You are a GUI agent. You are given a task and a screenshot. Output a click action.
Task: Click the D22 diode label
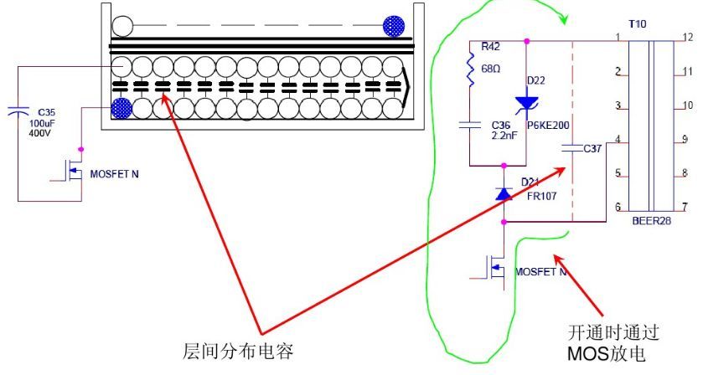[x=535, y=80]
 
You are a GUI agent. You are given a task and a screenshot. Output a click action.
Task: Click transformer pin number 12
[x=686, y=38]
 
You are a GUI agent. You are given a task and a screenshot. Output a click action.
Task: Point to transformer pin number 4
[x=617, y=140]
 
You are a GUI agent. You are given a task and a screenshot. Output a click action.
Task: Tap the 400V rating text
[x=41, y=134]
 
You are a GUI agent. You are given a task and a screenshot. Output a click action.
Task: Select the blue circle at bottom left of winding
[x=121, y=108]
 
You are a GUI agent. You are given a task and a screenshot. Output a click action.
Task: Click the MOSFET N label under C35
[x=112, y=177]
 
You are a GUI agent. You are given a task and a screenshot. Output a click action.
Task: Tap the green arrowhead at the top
[x=562, y=18]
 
